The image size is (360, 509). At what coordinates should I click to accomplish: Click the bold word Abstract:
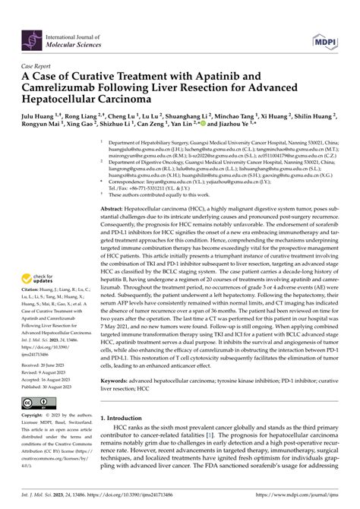pos(122,207)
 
